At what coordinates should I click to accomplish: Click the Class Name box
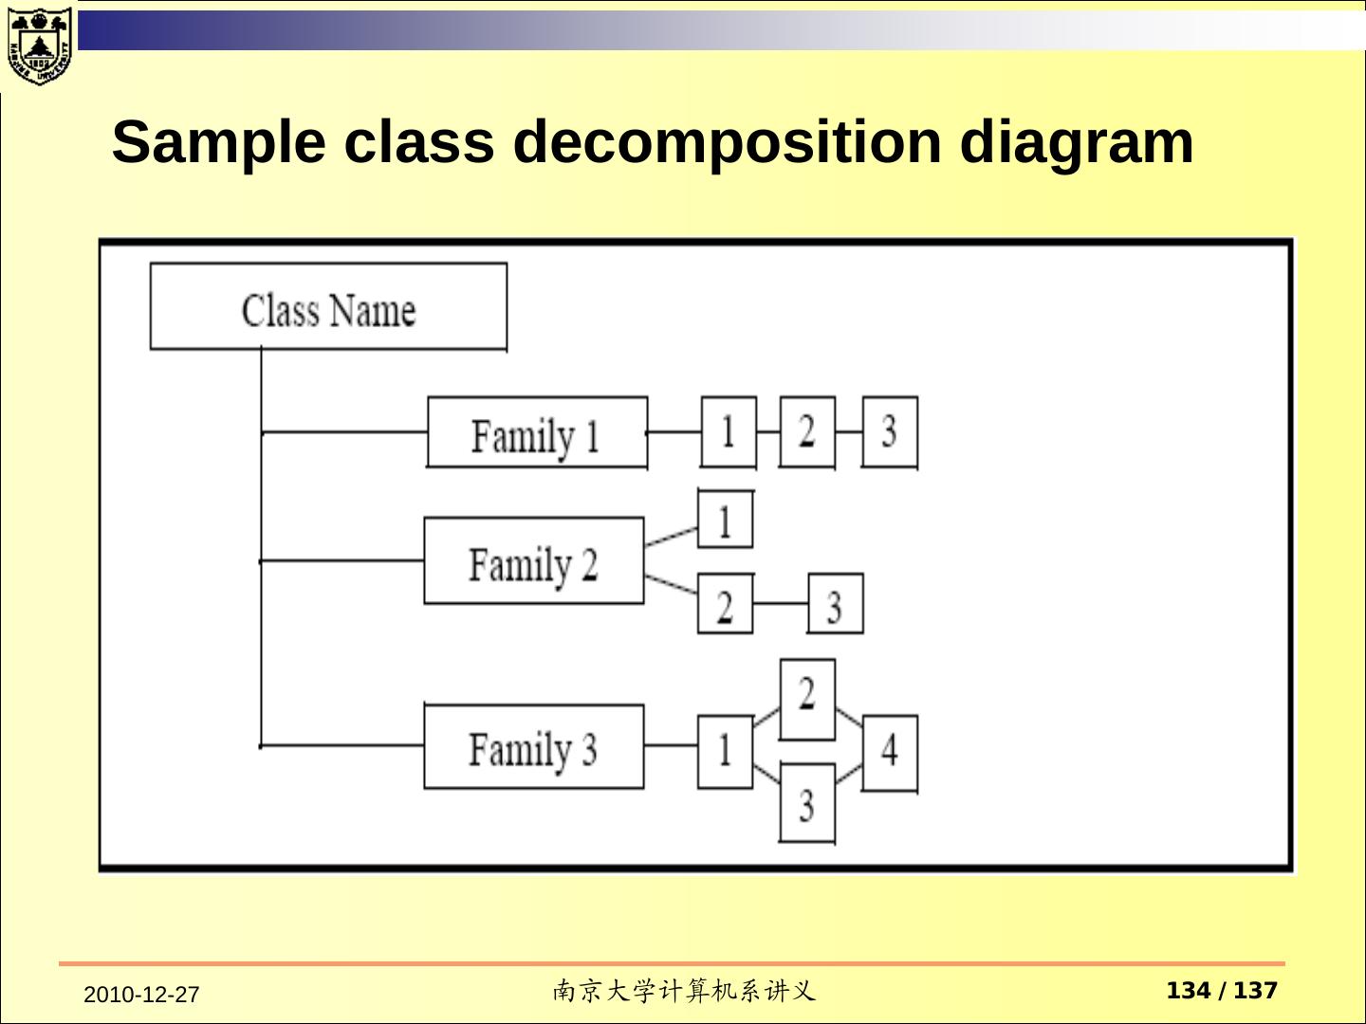pyautogui.click(x=328, y=307)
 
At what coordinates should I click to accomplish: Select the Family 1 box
pyautogui.click(x=537, y=432)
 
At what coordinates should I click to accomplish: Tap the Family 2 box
pyautogui.click(x=533, y=561)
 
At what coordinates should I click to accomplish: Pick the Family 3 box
pyautogui.click(x=533, y=747)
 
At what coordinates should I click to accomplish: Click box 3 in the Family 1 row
pyautogui.click(x=890, y=432)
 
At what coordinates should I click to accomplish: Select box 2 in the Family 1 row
pyautogui.click(x=807, y=432)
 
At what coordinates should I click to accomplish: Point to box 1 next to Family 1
pyautogui.click(x=729, y=432)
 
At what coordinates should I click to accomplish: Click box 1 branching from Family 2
pyautogui.click(x=726, y=520)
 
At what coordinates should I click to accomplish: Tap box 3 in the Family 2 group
pyautogui.click(x=835, y=604)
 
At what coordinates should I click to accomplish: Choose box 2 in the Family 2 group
pyautogui.click(x=726, y=604)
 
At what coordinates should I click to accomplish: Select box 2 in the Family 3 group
pyautogui.click(x=807, y=699)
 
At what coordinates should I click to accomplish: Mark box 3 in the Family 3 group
pyautogui.click(x=807, y=803)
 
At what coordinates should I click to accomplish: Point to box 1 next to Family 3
pyautogui.click(x=726, y=751)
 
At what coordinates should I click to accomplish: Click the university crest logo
pyautogui.click(x=39, y=45)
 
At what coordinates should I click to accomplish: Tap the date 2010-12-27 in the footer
pyautogui.click(x=141, y=995)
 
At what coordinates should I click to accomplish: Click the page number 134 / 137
pyautogui.click(x=1222, y=991)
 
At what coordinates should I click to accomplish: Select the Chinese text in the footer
pyautogui.click(x=683, y=992)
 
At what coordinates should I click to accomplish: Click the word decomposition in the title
pyautogui.click(x=727, y=142)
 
